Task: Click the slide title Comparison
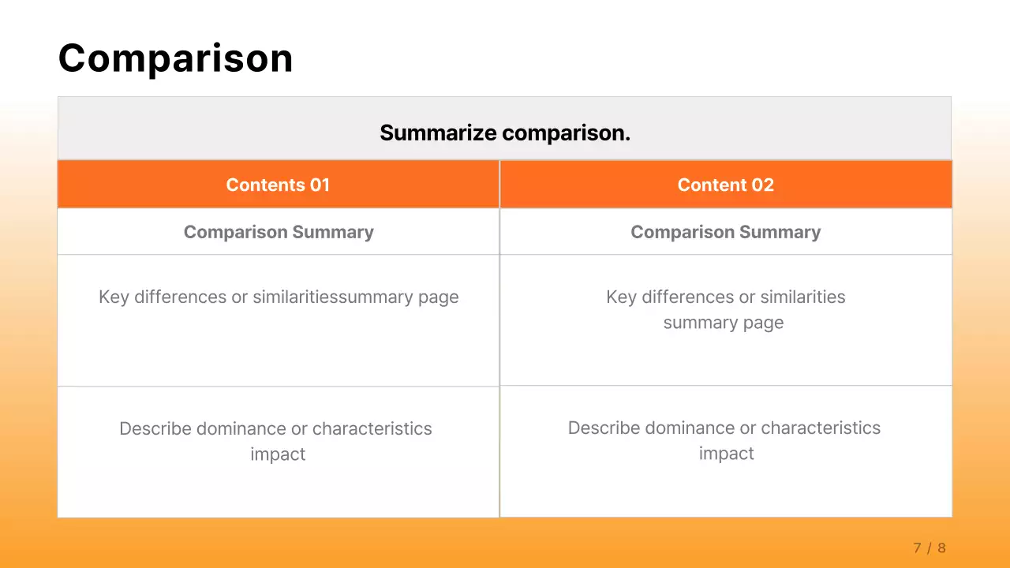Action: pyautogui.click(x=175, y=58)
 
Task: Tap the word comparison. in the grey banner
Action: pyautogui.click(x=567, y=133)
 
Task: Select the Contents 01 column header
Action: pyautogui.click(x=278, y=185)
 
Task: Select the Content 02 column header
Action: pyautogui.click(x=725, y=185)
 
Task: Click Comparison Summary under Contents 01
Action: pyautogui.click(x=279, y=232)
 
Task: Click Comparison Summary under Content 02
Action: pyautogui.click(x=725, y=232)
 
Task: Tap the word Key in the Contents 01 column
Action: pyautogui.click(x=114, y=297)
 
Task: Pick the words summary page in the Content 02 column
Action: pyautogui.click(x=724, y=323)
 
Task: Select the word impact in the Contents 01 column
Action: pyautogui.click(x=278, y=454)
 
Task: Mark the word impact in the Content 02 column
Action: pyautogui.click(x=726, y=454)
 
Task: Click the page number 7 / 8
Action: pyautogui.click(x=930, y=548)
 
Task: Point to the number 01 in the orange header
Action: pyautogui.click(x=320, y=185)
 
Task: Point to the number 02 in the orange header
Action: pyautogui.click(x=762, y=185)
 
